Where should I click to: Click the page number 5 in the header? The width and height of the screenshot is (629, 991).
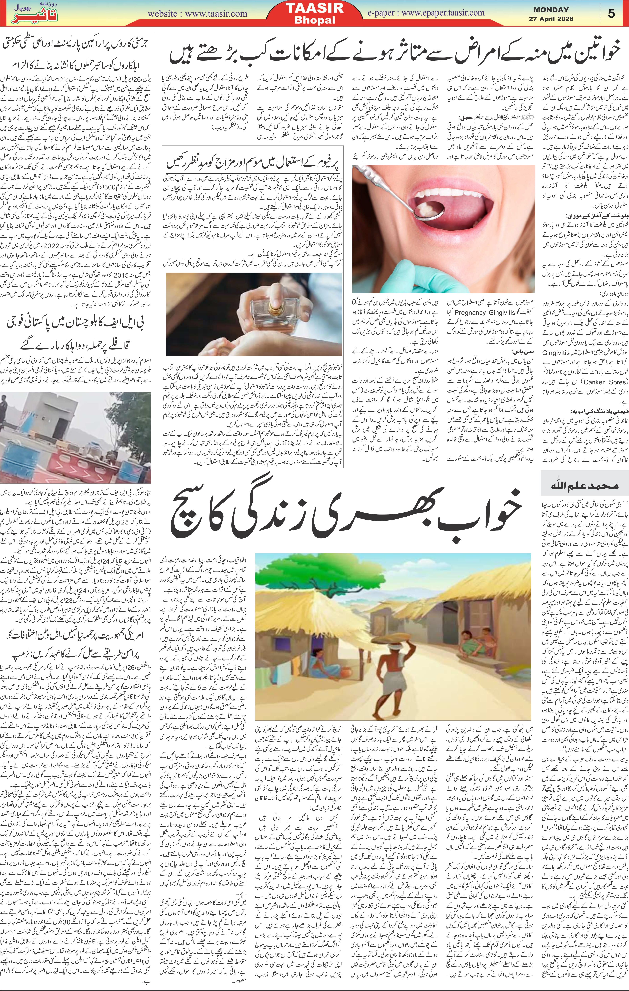pos(611,13)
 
